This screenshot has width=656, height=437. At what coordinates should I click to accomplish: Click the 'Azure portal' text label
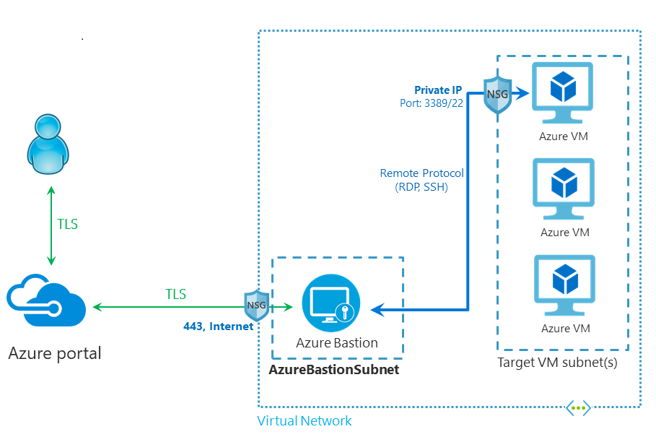[x=55, y=353]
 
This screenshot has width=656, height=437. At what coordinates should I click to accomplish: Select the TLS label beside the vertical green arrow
[x=67, y=224]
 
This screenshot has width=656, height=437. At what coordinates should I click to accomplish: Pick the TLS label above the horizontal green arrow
[x=175, y=294]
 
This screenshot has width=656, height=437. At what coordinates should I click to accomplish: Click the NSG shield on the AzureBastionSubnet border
[x=257, y=306]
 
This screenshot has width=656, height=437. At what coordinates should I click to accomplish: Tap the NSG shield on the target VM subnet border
[x=498, y=94]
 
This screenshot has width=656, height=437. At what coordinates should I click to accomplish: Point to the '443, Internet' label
[x=218, y=326]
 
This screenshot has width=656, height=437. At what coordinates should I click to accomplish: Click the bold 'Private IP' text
[x=438, y=90]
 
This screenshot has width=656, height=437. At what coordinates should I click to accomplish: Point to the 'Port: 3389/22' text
[x=432, y=103]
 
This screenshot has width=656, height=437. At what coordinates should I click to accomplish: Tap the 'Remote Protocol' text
[x=421, y=173]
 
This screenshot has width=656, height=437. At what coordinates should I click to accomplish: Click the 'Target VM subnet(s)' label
[x=557, y=363]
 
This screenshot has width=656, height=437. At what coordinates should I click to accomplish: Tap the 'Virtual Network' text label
[x=305, y=420]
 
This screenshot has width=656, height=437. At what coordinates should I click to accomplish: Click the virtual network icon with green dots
[x=578, y=408]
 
